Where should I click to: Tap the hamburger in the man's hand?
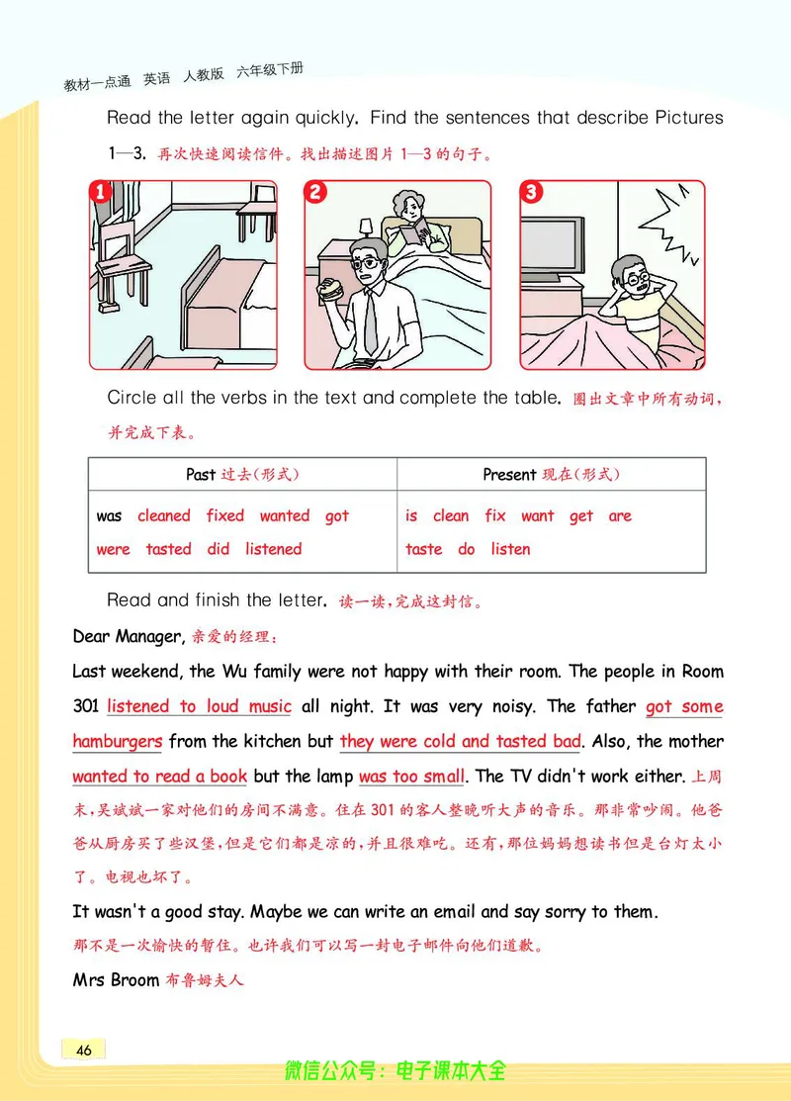click(x=332, y=290)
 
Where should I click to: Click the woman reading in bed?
click(x=408, y=226)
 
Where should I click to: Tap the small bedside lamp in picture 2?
click(x=366, y=228)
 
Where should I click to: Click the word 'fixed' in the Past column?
click(x=225, y=515)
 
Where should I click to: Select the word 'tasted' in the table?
click(x=168, y=549)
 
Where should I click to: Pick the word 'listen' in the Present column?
click(x=510, y=549)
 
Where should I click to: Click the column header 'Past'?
click(x=201, y=475)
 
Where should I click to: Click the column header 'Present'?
click(x=509, y=475)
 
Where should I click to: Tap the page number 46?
click(x=83, y=1050)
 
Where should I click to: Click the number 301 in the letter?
click(x=86, y=706)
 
